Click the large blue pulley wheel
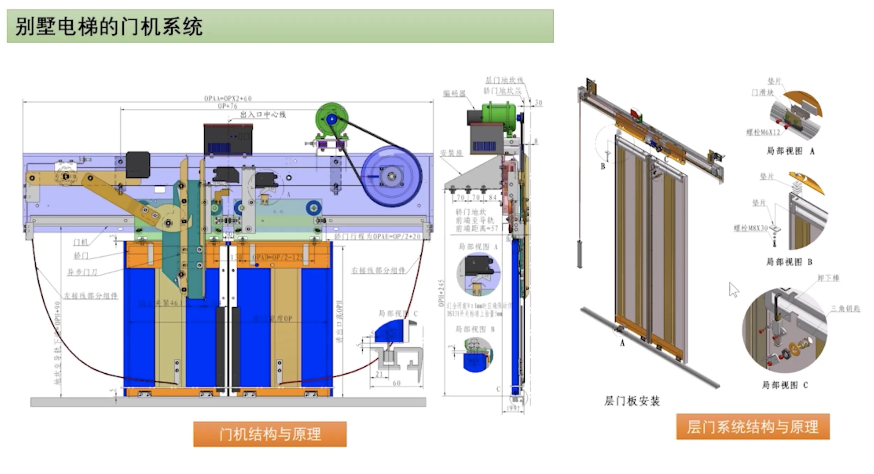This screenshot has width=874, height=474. [391, 176]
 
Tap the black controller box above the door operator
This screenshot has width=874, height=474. [228, 139]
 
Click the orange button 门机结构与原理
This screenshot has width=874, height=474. [270, 434]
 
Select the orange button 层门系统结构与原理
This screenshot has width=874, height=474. [752, 427]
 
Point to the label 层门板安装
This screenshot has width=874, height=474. [632, 401]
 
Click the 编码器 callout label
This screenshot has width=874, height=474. [454, 94]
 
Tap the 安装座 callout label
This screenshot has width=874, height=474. [451, 153]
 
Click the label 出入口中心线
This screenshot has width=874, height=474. [263, 115]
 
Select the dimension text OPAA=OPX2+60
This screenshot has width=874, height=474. [228, 99]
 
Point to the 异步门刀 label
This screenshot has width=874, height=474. [82, 272]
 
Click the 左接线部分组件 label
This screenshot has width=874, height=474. [90, 296]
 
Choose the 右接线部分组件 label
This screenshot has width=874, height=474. [378, 270]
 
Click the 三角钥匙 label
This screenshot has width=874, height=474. [845, 309]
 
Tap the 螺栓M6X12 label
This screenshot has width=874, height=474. [763, 132]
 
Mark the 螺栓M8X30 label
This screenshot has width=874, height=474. [751, 228]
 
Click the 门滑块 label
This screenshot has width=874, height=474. [763, 92]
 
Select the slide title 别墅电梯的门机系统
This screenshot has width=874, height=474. [109, 27]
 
